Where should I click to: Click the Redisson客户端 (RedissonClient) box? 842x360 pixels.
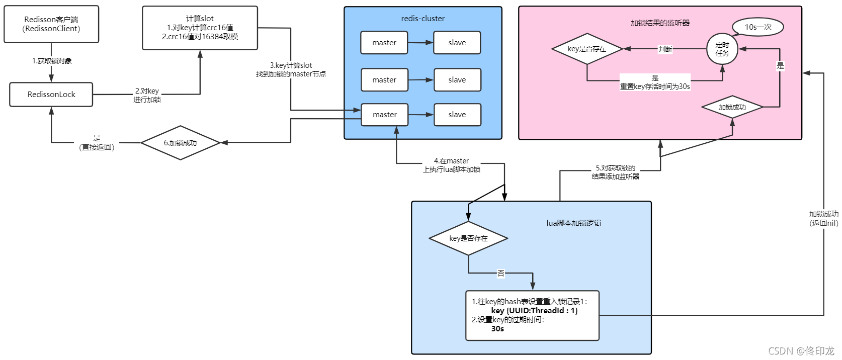tap(51, 24)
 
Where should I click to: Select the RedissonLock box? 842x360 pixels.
tap(51, 95)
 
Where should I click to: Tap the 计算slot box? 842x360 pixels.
tap(200, 28)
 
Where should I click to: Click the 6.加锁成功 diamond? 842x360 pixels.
tap(180, 143)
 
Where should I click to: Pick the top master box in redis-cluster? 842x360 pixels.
tap(384, 43)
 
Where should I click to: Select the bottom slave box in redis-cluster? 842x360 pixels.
tap(457, 115)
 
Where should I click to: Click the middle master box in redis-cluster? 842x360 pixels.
tap(384, 80)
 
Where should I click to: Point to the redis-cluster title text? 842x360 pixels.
tap(423, 19)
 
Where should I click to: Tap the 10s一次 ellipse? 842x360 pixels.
tap(757, 27)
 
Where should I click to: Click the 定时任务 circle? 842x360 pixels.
tap(722, 49)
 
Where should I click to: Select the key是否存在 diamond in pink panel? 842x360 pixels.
tap(587, 49)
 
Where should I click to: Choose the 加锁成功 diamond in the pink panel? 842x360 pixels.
tap(732, 107)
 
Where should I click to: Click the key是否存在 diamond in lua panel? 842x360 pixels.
tap(468, 238)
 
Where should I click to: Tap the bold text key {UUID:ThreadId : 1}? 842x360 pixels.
tap(534, 311)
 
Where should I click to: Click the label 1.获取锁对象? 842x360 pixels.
tap(52, 61)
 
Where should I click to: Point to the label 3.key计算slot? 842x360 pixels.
tap(291, 65)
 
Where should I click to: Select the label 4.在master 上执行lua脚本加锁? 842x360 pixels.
tap(451, 165)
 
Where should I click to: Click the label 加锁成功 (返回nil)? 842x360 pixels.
tap(823, 219)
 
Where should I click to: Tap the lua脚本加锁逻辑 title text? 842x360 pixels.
tap(573, 223)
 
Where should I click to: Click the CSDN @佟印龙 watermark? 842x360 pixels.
tap(801, 351)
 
